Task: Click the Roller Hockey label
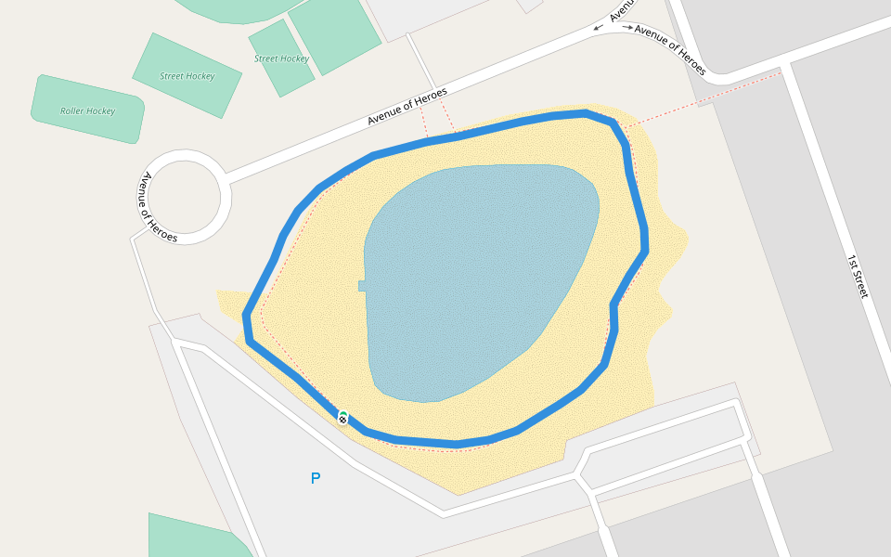[x=88, y=111]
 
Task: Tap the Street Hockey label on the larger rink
[x=187, y=77]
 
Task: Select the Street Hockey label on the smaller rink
[x=281, y=58]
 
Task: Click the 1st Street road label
[x=857, y=276]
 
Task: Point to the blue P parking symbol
[x=316, y=479]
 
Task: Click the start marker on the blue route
[x=343, y=419]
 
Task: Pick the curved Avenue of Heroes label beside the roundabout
[x=159, y=208]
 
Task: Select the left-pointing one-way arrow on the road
[x=599, y=29]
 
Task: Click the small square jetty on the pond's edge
[x=362, y=286]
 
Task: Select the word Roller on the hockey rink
[x=72, y=111]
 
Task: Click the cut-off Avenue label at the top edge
[x=623, y=9]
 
